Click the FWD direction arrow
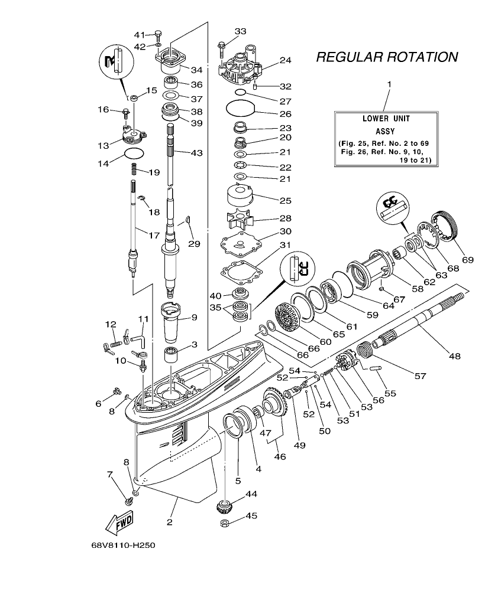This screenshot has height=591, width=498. (119, 522)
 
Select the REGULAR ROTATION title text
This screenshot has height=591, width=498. (387, 57)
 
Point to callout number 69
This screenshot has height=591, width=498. (468, 259)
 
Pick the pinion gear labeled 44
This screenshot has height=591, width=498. (225, 506)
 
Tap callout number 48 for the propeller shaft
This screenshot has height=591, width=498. (454, 356)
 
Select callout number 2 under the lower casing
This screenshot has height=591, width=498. (169, 522)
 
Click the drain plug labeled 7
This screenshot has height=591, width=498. (128, 500)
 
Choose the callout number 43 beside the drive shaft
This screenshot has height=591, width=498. (196, 153)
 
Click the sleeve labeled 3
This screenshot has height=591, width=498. (172, 358)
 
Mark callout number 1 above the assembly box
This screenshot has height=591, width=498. (389, 84)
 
